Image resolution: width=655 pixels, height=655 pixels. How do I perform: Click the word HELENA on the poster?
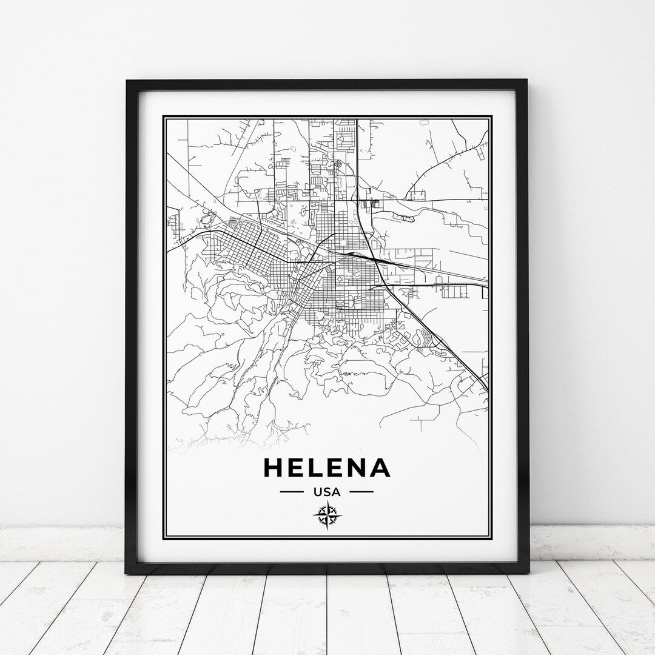click(326, 468)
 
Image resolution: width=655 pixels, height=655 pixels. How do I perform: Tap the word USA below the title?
click(327, 491)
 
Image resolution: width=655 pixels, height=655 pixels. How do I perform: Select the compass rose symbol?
click(327, 517)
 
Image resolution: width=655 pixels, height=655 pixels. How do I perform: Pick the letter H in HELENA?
click(273, 468)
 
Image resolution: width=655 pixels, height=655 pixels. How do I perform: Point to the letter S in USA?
click(327, 491)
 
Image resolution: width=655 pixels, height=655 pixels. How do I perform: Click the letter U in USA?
click(317, 491)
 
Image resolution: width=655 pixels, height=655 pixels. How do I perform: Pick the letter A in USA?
click(337, 491)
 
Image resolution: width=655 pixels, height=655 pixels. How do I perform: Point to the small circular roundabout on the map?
click(338, 164)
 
